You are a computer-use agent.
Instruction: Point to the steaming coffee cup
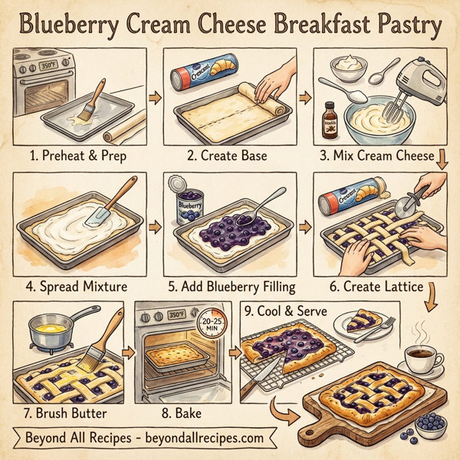tap(421, 356)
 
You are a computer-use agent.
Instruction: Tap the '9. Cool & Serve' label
tap(285, 312)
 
